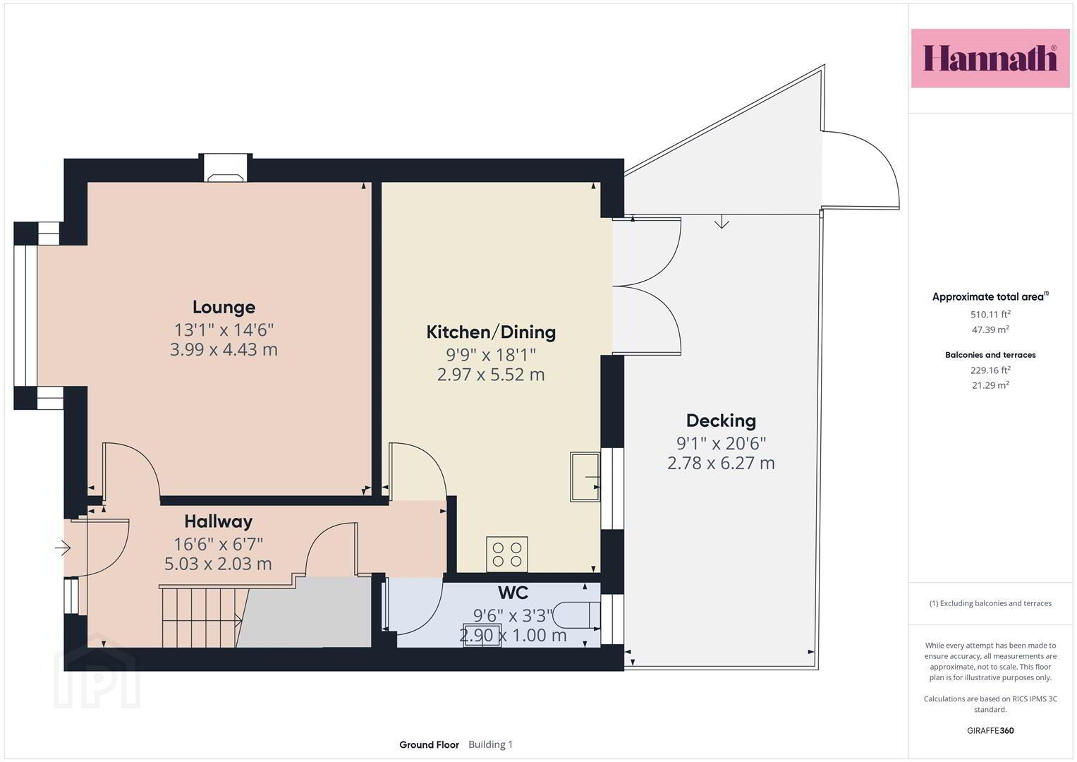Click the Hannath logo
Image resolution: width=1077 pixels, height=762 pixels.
(x=990, y=58)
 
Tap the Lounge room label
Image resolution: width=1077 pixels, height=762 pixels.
(x=224, y=308)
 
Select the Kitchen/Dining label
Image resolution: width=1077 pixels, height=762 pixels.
(x=491, y=332)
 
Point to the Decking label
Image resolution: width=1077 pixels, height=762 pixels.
(x=721, y=421)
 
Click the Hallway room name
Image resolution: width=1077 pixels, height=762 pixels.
(x=218, y=521)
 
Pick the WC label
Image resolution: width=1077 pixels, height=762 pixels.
(x=513, y=593)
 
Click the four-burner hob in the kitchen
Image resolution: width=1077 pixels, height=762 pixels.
(x=507, y=554)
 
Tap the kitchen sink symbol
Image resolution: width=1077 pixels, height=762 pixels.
(x=585, y=477)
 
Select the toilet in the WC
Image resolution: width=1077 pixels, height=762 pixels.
(x=576, y=615)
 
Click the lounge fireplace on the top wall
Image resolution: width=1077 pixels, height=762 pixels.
(x=226, y=168)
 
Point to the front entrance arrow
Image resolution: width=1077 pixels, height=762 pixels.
(x=63, y=548)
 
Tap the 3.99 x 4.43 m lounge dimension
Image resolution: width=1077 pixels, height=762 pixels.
(x=224, y=350)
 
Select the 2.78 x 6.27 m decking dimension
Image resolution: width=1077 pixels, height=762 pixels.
(x=721, y=464)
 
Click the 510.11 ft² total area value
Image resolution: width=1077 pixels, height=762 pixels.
(x=990, y=314)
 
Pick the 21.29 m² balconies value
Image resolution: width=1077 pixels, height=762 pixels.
(x=990, y=385)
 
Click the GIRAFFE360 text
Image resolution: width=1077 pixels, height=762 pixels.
(x=990, y=730)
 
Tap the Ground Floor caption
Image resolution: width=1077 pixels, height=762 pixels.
(x=429, y=744)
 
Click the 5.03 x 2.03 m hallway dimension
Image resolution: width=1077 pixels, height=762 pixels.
(x=218, y=564)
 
